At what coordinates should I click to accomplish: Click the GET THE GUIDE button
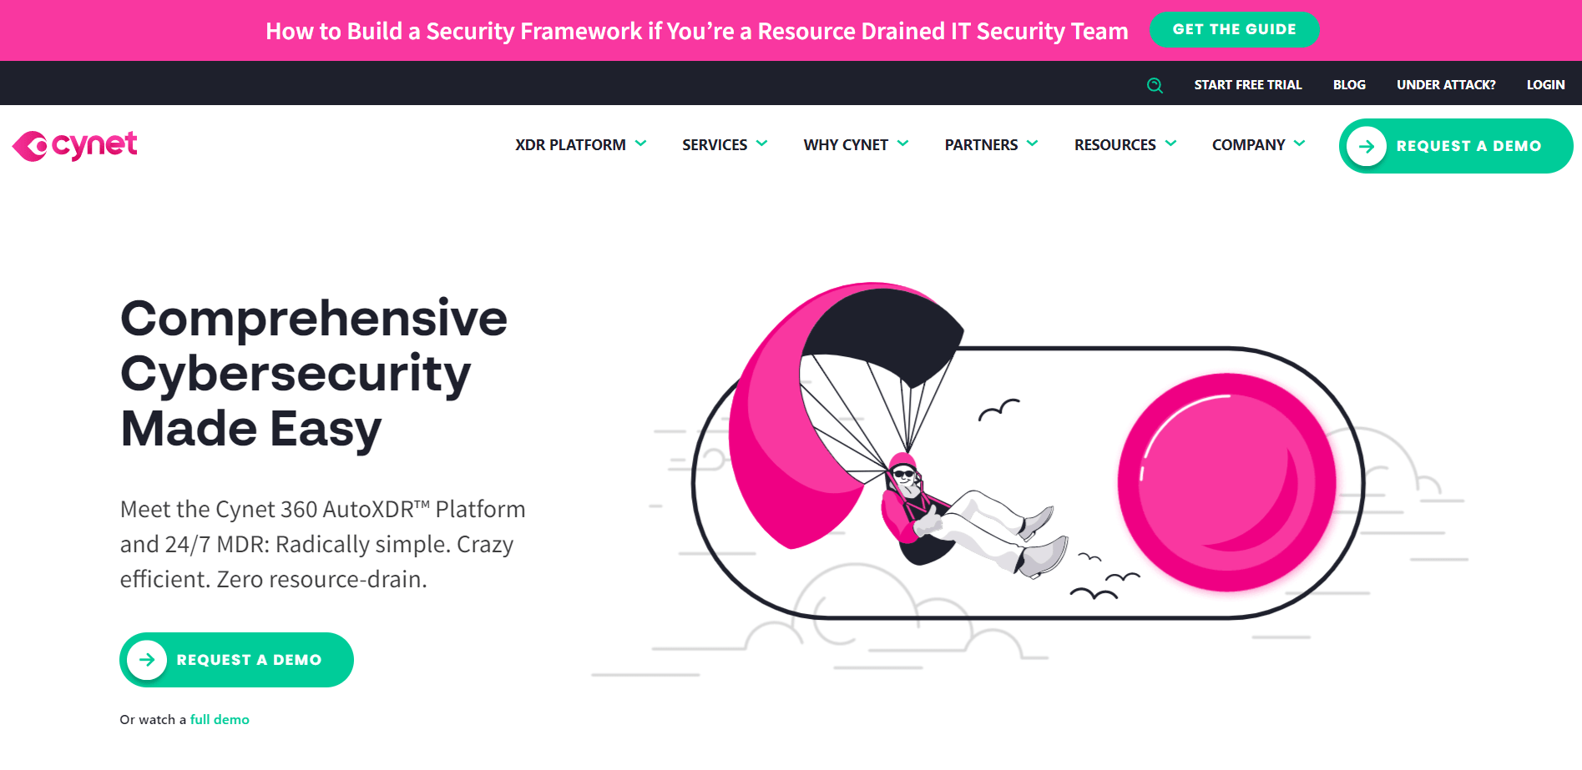coord(1234,30)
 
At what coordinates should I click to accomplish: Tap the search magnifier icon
coord(1155,85)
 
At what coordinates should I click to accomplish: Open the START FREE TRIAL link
coord(1247,85)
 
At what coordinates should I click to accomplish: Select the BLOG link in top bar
coord(1349,85)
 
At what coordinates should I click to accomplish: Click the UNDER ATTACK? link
coord(1446,85)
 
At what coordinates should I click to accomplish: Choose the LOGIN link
coord(1545,85)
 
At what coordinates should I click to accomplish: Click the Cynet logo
coord(75,146)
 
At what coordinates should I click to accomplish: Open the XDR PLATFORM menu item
coord(570,145)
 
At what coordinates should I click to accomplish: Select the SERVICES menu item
coord(715,145)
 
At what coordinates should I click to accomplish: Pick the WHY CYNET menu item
coord(846,145)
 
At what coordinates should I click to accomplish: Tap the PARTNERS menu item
coord(981,145)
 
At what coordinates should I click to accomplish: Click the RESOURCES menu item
coord(1114,145)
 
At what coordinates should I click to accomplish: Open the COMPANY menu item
coord(1248,145)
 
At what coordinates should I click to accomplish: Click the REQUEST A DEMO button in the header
coord(1455,146)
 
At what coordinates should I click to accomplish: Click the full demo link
coord(220,720)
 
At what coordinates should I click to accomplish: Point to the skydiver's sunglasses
coord(903,474)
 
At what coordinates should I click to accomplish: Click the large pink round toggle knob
coord(1226,482)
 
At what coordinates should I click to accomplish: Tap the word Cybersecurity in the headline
coord(296,374)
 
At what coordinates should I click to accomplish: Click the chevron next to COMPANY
coord(1299,143)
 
